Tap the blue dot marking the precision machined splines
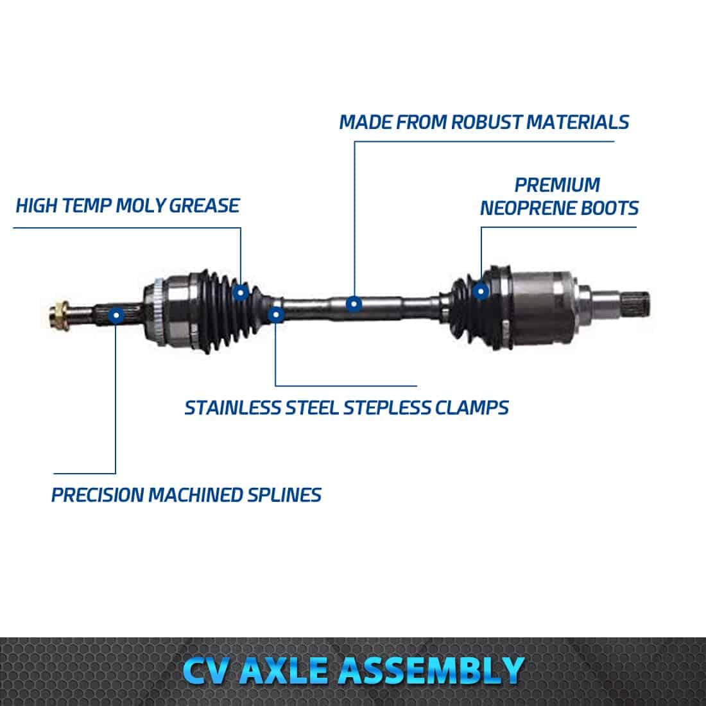click(x=116, y=315)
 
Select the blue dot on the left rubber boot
click(x=241, y=293)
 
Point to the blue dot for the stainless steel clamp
click(x=275, y=314)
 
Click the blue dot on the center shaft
click(x=354, y=304)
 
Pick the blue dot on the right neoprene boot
click(x=481, y=292)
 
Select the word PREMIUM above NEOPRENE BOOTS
click(x=557, y=185)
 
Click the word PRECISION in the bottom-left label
click(x=98, y=495)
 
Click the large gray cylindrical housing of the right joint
click(x=537, y=307)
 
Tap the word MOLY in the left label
click(x=141, y=205)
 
